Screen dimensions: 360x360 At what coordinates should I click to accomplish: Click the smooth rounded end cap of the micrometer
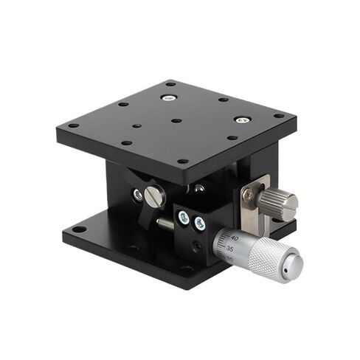(x=294, y=266)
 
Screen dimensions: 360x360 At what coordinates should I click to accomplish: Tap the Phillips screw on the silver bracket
(x=249, y=195)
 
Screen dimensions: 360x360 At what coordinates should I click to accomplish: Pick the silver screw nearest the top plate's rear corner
(x=169, y=97)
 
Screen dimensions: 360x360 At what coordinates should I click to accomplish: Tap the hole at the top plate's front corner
(x=182, y=161)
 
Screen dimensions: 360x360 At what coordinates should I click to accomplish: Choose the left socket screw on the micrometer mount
(x=183, y=217)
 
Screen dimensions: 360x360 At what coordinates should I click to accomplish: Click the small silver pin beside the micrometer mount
(x=162, y=222)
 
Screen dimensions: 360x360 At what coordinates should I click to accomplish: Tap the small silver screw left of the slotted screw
(x=137, y=195)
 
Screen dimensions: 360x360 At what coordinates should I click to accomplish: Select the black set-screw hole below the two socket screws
(x=195, y=246)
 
